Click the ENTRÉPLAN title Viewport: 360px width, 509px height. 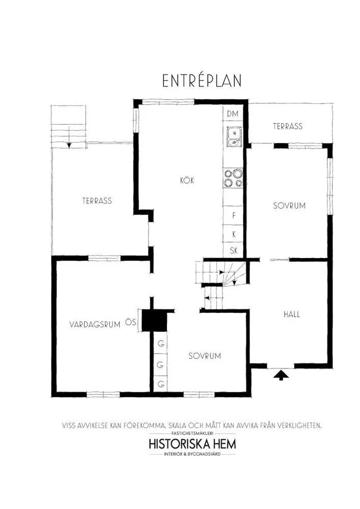point(202,81)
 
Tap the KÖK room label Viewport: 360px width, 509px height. point(187,181)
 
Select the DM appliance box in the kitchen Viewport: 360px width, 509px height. point(233,114)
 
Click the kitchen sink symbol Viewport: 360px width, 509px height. point(233,136)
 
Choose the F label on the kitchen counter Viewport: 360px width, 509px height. point(234,215)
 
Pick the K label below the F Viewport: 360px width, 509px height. point(234,234)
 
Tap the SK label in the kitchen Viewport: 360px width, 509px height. point(234,250)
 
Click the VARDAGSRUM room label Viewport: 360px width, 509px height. point(95,324)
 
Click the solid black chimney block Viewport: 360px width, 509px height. point(154,321)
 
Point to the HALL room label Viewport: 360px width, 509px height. point(292,314)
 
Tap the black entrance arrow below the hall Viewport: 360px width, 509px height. point(281,376)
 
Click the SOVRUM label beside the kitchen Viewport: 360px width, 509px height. point(289,206)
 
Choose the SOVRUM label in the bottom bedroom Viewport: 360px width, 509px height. point(205,356)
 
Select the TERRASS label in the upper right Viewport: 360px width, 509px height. point(288,126)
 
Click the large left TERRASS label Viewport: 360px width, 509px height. point(97,201)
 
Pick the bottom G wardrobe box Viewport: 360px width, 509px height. point(161,384)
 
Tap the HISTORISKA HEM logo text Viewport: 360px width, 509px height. point(192,443)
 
